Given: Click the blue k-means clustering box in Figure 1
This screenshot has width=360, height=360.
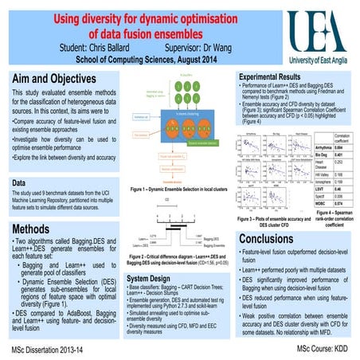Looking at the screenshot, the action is (184, 113).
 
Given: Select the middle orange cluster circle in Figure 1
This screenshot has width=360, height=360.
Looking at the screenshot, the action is (185, 132).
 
